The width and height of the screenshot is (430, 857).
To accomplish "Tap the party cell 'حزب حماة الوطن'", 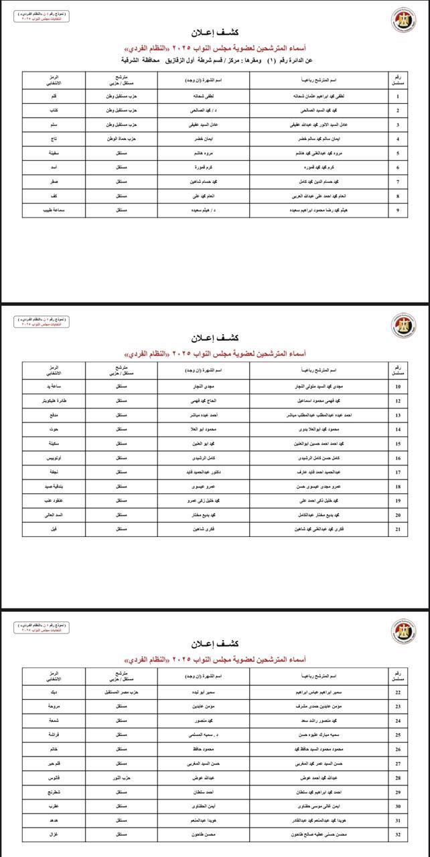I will tap(121, 139).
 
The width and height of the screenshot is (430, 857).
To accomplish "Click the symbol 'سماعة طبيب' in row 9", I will tap(53, 210).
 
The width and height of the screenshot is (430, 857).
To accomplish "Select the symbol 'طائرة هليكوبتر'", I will tap(53, 401).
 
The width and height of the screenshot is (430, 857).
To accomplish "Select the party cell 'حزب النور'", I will tap(121, 777).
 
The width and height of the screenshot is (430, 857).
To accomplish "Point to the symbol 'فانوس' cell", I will tap(53, 777).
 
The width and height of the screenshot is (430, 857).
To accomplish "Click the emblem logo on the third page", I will tap(403, 632).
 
